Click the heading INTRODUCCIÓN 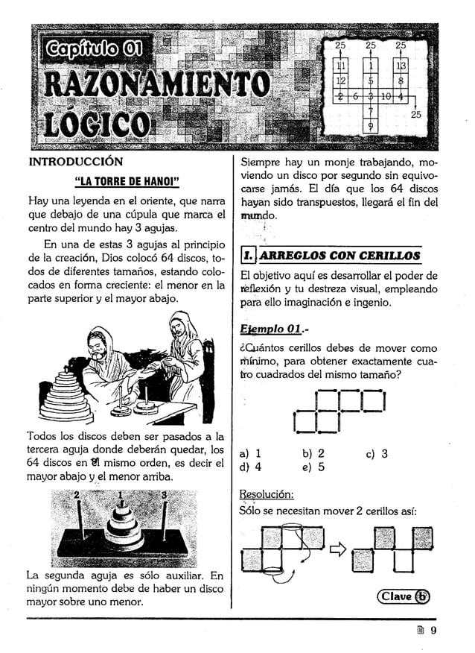click(75, 161)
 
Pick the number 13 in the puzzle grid click(401, 69)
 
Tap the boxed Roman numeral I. click(247, 256)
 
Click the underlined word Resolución click(267, 494)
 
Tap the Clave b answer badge click(404, 596)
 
